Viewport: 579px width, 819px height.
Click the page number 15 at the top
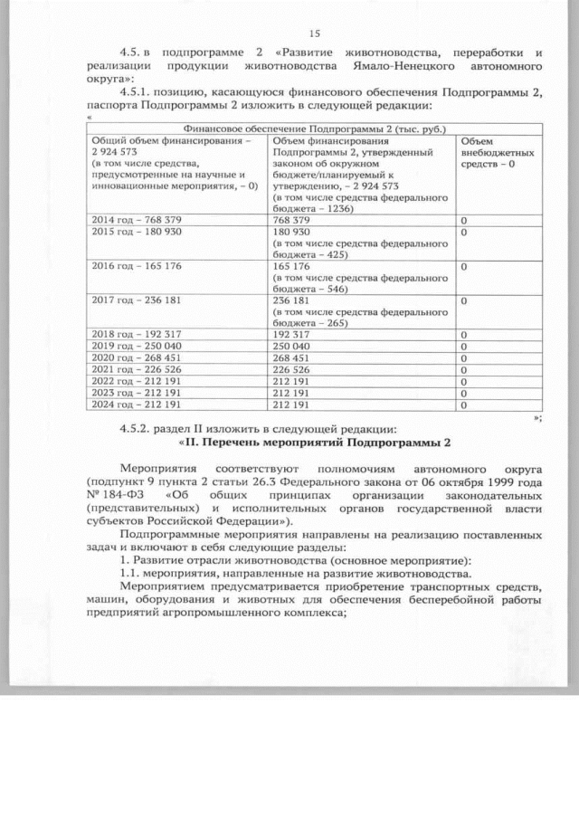point(315,33)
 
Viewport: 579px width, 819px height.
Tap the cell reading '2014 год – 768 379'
point(132,219)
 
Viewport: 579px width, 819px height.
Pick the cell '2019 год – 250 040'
point(132,346)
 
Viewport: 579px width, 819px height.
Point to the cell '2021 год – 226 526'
point(132,369)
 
